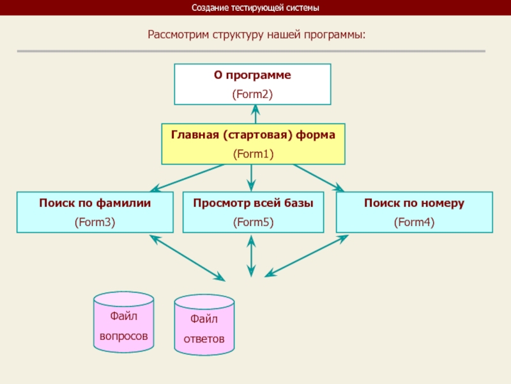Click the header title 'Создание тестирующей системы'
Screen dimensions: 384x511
click(255, 8)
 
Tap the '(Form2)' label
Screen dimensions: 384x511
click(252, 94)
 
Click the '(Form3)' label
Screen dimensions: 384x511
click(95, 222)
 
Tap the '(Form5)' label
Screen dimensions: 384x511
click(253, 222)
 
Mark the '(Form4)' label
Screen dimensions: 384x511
click(414, 222)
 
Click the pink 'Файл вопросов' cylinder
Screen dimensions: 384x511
click(124, 323)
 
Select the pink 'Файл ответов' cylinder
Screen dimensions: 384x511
click(204, 325)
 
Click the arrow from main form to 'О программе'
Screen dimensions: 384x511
click(255, 115)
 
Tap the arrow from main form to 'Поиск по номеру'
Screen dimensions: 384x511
click(318, 177)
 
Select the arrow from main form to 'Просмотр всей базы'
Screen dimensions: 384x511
click(252, 177)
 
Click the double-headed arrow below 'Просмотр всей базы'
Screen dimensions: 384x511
click(252, 255)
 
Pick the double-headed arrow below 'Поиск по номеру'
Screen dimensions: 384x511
click(307, 256)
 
